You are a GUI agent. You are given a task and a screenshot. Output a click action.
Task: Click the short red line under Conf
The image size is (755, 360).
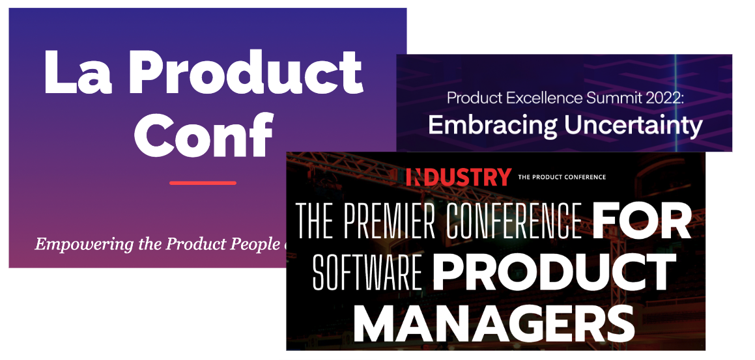203,183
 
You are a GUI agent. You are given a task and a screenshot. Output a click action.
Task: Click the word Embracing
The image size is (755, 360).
493,126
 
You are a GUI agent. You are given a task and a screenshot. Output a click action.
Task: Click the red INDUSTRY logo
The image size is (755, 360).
459,177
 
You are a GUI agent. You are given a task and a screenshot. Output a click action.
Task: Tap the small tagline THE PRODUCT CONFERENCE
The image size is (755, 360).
562,177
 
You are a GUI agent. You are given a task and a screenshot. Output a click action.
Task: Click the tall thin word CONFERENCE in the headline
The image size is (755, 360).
514,221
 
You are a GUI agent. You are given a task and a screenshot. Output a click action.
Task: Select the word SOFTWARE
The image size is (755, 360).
367,271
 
